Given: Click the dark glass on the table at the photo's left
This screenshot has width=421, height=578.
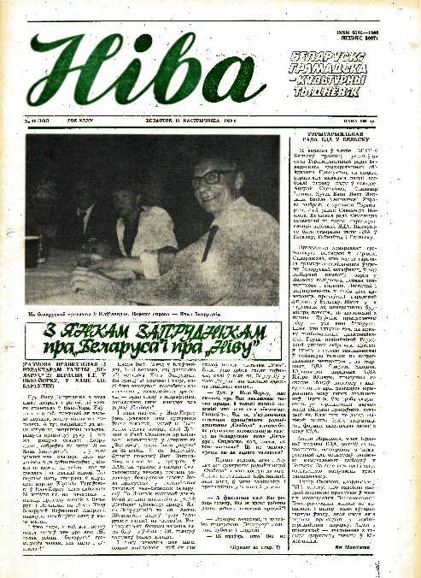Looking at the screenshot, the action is pyautogui.click(x=41, y=248).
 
